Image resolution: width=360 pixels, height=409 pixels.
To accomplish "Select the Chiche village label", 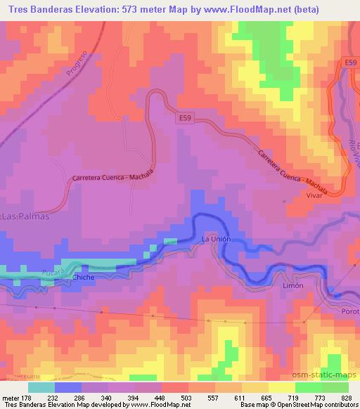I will tap(83, 278).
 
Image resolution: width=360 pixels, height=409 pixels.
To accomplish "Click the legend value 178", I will tap(26, 397).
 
